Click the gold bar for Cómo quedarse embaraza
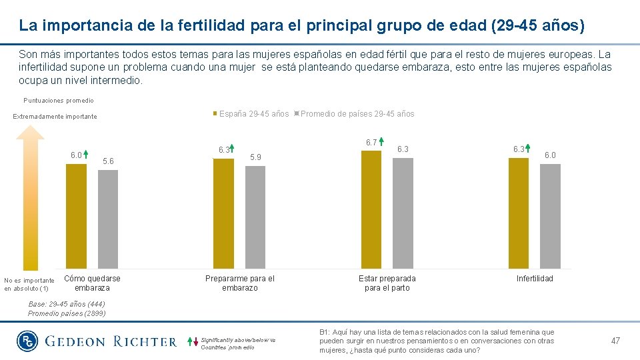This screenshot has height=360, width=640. (76, 216)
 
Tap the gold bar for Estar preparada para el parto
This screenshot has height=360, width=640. (371, 209)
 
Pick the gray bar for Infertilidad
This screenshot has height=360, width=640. (550, 216)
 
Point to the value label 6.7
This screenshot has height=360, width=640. (371, 142)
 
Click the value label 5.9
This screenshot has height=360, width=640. (255, 157)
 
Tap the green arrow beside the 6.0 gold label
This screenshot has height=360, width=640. (87, 155)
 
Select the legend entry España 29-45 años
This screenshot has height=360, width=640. (251, 114)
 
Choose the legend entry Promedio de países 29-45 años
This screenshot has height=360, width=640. (357, 114)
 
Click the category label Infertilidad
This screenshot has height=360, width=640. (535, 279)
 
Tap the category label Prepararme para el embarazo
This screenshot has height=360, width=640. (239, 283)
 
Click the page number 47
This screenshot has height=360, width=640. (615, 341)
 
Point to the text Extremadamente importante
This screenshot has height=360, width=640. (55, 117)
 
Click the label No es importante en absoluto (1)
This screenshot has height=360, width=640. (29, 285)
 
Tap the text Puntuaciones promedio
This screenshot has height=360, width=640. (59, 101)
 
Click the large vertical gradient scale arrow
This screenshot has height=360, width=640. (30, 200)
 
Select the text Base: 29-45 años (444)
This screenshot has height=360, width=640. (66, 304)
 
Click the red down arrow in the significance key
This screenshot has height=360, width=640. (196, 344)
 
